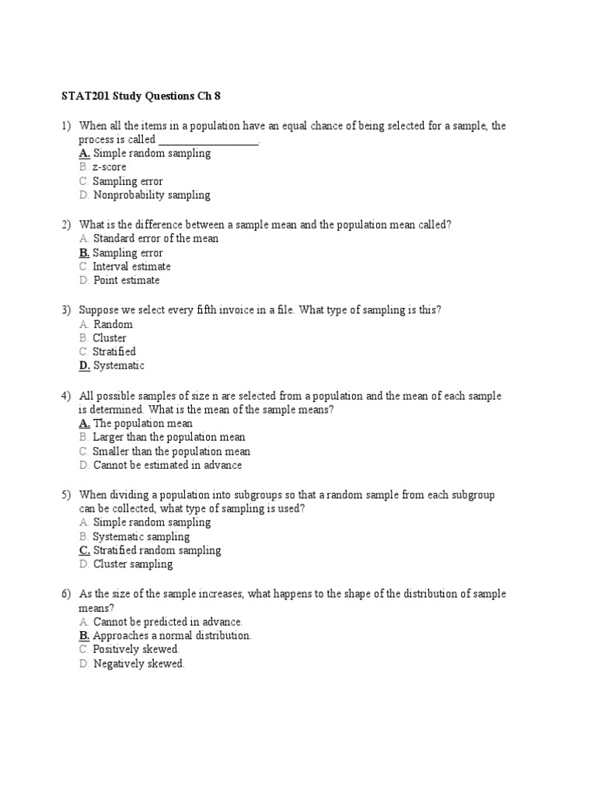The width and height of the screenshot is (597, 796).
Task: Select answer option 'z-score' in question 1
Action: pyautogui.click(x=109, y=167)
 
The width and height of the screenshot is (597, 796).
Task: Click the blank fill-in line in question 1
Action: pyautogui.click(x=208, y=141)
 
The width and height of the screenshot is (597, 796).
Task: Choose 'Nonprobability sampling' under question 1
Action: pyautogui.click(x=152, y=195)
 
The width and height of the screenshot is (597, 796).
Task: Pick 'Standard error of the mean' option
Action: pyautogui.click(x=155, y=239)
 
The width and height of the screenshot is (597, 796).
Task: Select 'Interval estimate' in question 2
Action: pyautogui.click(x=131, y=267)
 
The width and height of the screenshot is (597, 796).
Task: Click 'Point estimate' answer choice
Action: pyautogui.click(x=126, y=281)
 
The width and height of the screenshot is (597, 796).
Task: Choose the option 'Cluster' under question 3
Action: pyautogui.click(x=110, y=338)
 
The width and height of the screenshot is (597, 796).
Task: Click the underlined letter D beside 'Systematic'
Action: pyautogui.click(x=84, y=366)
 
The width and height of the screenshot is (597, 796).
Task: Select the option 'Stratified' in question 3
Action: pyautogui.click(x=114, y=352)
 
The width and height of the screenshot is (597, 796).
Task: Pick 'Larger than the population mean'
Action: pyautogui.click(x=169, y=438)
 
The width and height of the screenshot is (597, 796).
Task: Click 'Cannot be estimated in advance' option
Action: pyautogui.click(x=167, y=466)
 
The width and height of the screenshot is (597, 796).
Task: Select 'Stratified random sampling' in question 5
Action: pyautogui.click(x=156, y=550)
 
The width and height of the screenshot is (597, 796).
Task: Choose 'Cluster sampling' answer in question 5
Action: pyautogui.click(x=132, y=564)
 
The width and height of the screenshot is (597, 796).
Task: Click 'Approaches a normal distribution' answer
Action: pyautogui.click(x=172, y=635)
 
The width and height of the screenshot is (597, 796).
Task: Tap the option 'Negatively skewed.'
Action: pyautogui.click(x=138, y=664)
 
